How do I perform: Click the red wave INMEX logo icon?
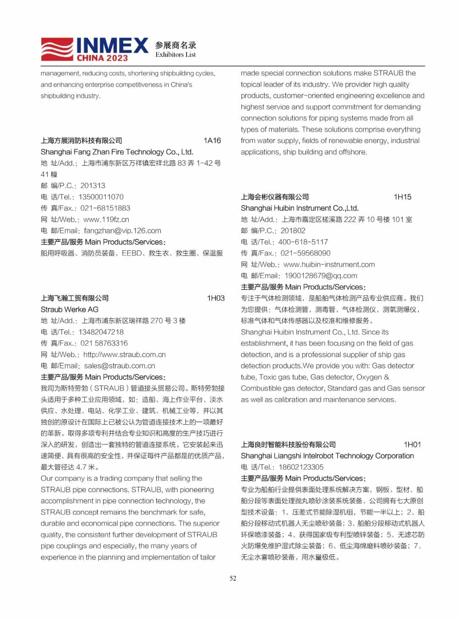(x=57, y=49)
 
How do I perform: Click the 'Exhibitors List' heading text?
(x=175, y=54)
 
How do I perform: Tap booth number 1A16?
(x=212, y=140)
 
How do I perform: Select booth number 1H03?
(x=216, y=298)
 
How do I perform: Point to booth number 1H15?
(x=402, y=197)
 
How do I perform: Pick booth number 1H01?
(x=412, y=444)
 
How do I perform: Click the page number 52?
(x=233, y=578)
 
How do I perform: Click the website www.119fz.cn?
(x=106, y=220)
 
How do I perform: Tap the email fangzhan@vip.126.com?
(x=122, y=231)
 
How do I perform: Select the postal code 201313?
(x=92, y=186)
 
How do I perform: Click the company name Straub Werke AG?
(x=69, y=309)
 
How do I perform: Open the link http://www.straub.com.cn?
(x=124, y=355)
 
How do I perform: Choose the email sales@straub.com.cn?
(x=119, y=366)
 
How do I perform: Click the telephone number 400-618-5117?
(x=303, y=242)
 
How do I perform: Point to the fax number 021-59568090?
(x=305, y=253)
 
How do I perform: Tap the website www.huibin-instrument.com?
(x=329, y=264)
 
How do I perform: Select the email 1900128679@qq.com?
(x=321, y=275)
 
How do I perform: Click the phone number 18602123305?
(x=301, y=467)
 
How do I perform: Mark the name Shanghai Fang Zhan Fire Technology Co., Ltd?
(x=117, y=152)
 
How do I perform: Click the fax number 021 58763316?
(x=104, y=343)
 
